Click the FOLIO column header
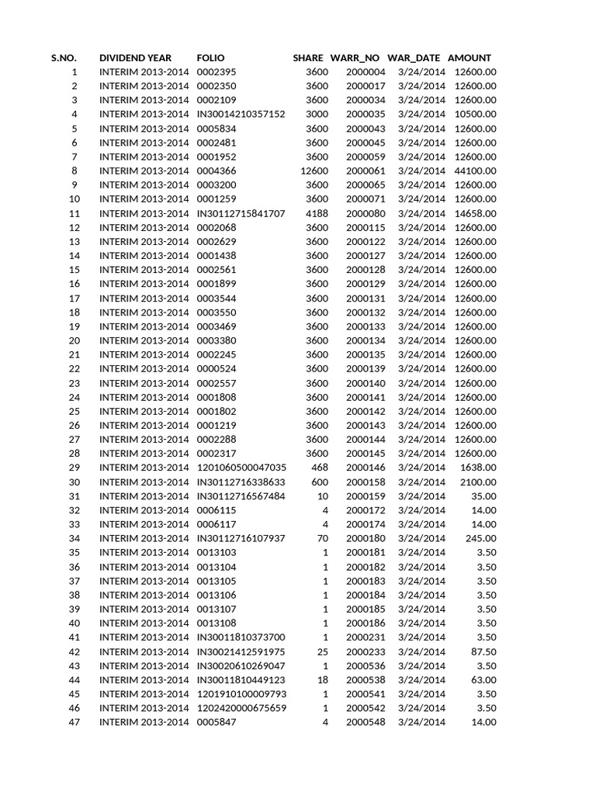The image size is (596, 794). (210, 58)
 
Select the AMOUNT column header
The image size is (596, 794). (470, 58)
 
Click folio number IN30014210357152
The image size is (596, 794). (241, 114)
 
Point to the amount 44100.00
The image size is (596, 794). (475, 171)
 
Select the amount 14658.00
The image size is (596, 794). (475, 213)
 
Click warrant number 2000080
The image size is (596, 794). (366, 213)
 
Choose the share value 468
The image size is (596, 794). (320, 468)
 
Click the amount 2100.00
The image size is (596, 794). (478, 482)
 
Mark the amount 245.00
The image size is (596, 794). (482, 538)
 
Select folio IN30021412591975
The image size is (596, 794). (241, 652)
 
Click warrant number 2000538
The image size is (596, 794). (366, 680)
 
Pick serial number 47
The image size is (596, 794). (74, 723)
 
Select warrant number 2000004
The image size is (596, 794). (366, 72)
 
